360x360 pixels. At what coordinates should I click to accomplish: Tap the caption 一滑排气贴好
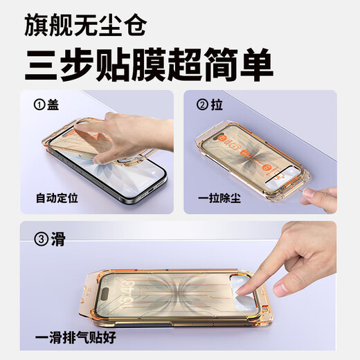(x=74, y=339)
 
